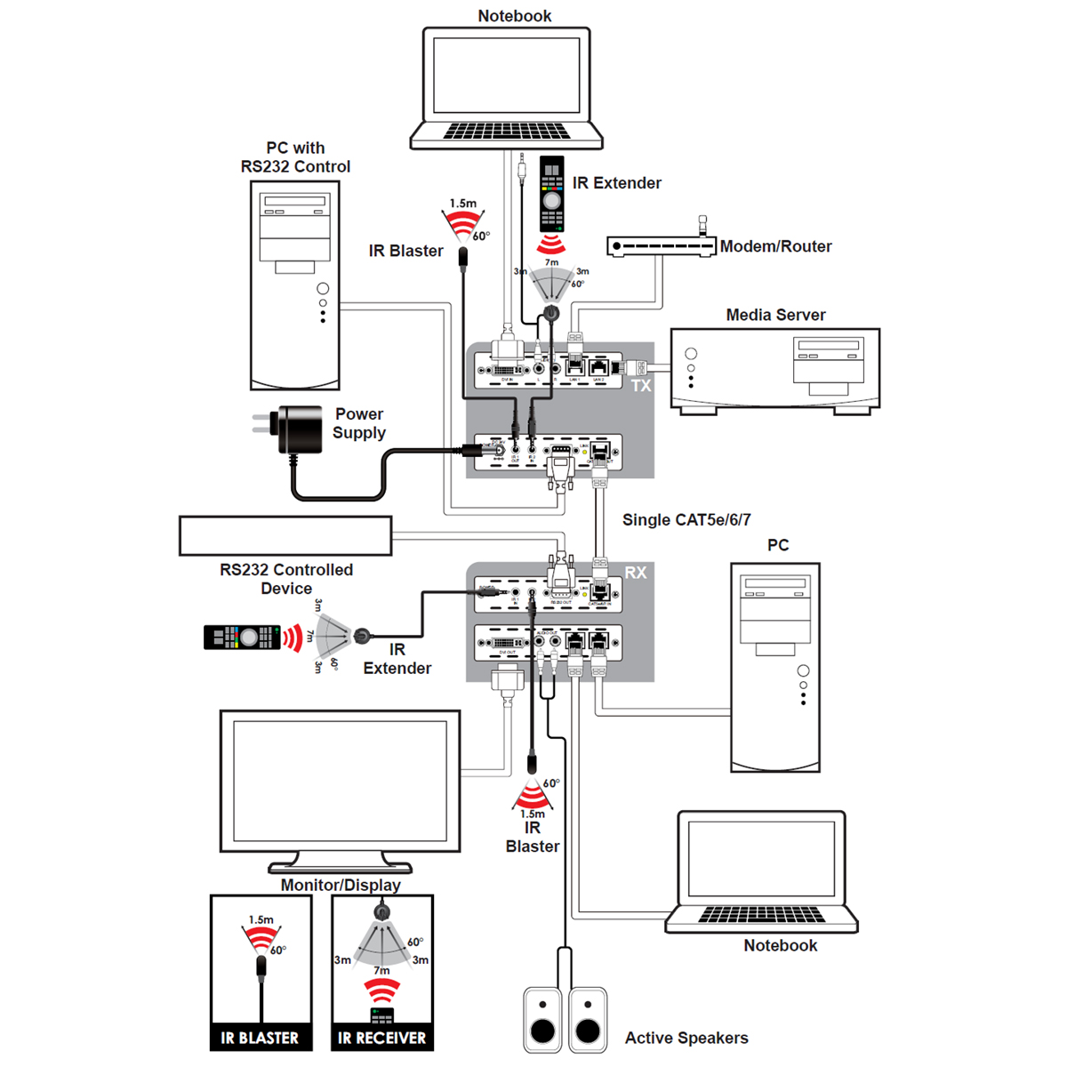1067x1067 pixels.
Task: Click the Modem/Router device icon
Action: (x=661, y=245)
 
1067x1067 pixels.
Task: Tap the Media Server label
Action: (x=775, y=315)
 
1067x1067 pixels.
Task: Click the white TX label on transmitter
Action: (x=641, y=386)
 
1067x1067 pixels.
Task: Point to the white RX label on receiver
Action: (x=636, y=573)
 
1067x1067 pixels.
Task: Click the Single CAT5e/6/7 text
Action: (x=686, y=520)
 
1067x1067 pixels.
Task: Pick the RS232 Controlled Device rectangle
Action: (x=285, y=536)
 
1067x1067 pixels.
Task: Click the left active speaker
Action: (x=542, y=1020)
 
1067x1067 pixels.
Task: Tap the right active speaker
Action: (x=588, y=1020)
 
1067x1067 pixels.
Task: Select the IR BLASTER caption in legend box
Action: (x=261, y=1038)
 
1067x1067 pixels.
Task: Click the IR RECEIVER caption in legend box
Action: (x=382, y=1038)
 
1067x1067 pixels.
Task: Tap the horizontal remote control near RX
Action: (x=242, y=638)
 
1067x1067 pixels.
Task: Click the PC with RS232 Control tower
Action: (x=295, y=285)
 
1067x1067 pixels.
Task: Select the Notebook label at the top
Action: (x=514, y=16)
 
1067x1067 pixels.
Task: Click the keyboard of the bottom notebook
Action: (x=761, y=915)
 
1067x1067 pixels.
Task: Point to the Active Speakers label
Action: (x=686, y=1038)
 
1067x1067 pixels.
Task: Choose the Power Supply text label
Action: (x=359, y=423)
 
